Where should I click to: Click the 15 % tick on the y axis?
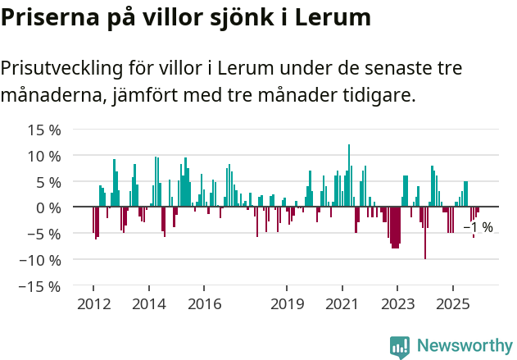coord(44,130)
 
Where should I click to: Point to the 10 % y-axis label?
coord(44,156)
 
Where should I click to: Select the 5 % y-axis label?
coord(48,182)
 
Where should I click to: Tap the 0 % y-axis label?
coord(48,207)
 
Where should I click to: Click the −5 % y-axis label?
coord(44,234)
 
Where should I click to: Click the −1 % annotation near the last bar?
coord(478,227)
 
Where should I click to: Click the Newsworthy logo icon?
coord(400,347)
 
